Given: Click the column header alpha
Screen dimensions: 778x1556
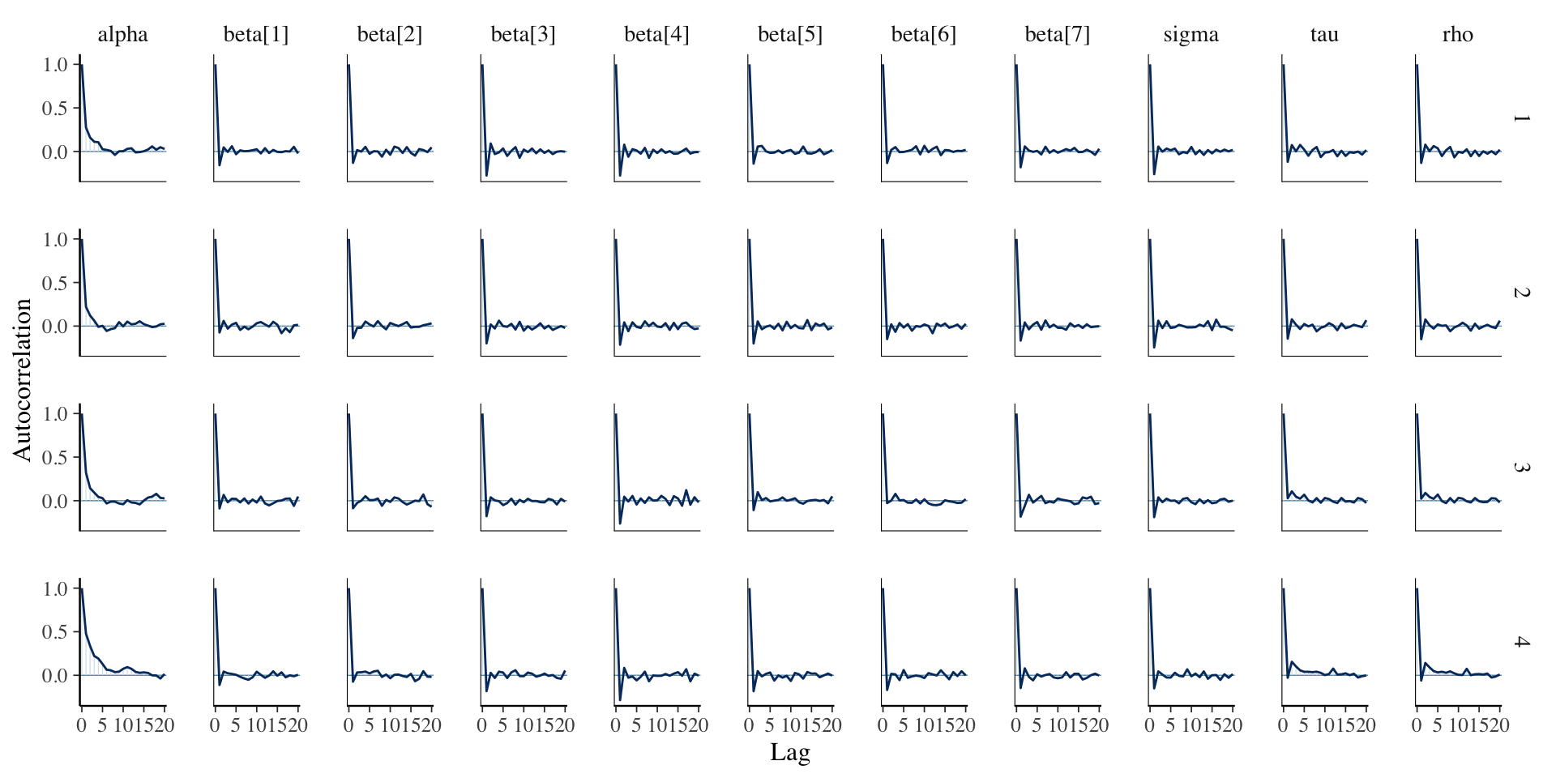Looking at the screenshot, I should (122, 34).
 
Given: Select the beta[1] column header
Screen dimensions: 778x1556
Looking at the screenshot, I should (256, 34).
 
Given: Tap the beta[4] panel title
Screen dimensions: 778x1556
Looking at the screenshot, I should (656, 34).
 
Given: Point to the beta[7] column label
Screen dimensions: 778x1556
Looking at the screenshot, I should (1057, 34).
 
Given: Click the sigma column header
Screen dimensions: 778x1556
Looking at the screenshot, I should (1191, 34).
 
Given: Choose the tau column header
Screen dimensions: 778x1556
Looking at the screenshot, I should (1324, 34).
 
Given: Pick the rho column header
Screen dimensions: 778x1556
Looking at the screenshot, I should (1457, 34).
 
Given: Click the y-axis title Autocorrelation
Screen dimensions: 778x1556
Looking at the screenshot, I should (23, 379).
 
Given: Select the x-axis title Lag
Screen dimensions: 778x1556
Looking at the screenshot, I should (789, 752).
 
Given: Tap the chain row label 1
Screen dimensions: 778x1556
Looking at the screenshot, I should (1521, 118).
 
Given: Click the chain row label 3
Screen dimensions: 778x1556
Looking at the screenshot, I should (1521, 468).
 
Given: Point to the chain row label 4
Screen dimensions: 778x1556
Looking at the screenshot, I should (1521, 642).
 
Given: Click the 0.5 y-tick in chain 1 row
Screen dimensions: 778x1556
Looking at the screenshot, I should (55, 109).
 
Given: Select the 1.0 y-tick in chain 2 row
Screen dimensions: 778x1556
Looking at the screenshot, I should (55, 239).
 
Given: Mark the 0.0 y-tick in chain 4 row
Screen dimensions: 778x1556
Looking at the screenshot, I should (55, 676).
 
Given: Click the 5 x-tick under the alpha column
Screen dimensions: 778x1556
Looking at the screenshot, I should (102, 725).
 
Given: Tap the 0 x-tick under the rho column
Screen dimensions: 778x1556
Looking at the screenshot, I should (1417, 725).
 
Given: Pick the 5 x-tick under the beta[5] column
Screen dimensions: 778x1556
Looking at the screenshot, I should (770, 725).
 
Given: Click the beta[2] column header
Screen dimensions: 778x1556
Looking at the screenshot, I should (389, 34).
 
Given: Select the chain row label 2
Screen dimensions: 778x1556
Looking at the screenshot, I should (1521, 293).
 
